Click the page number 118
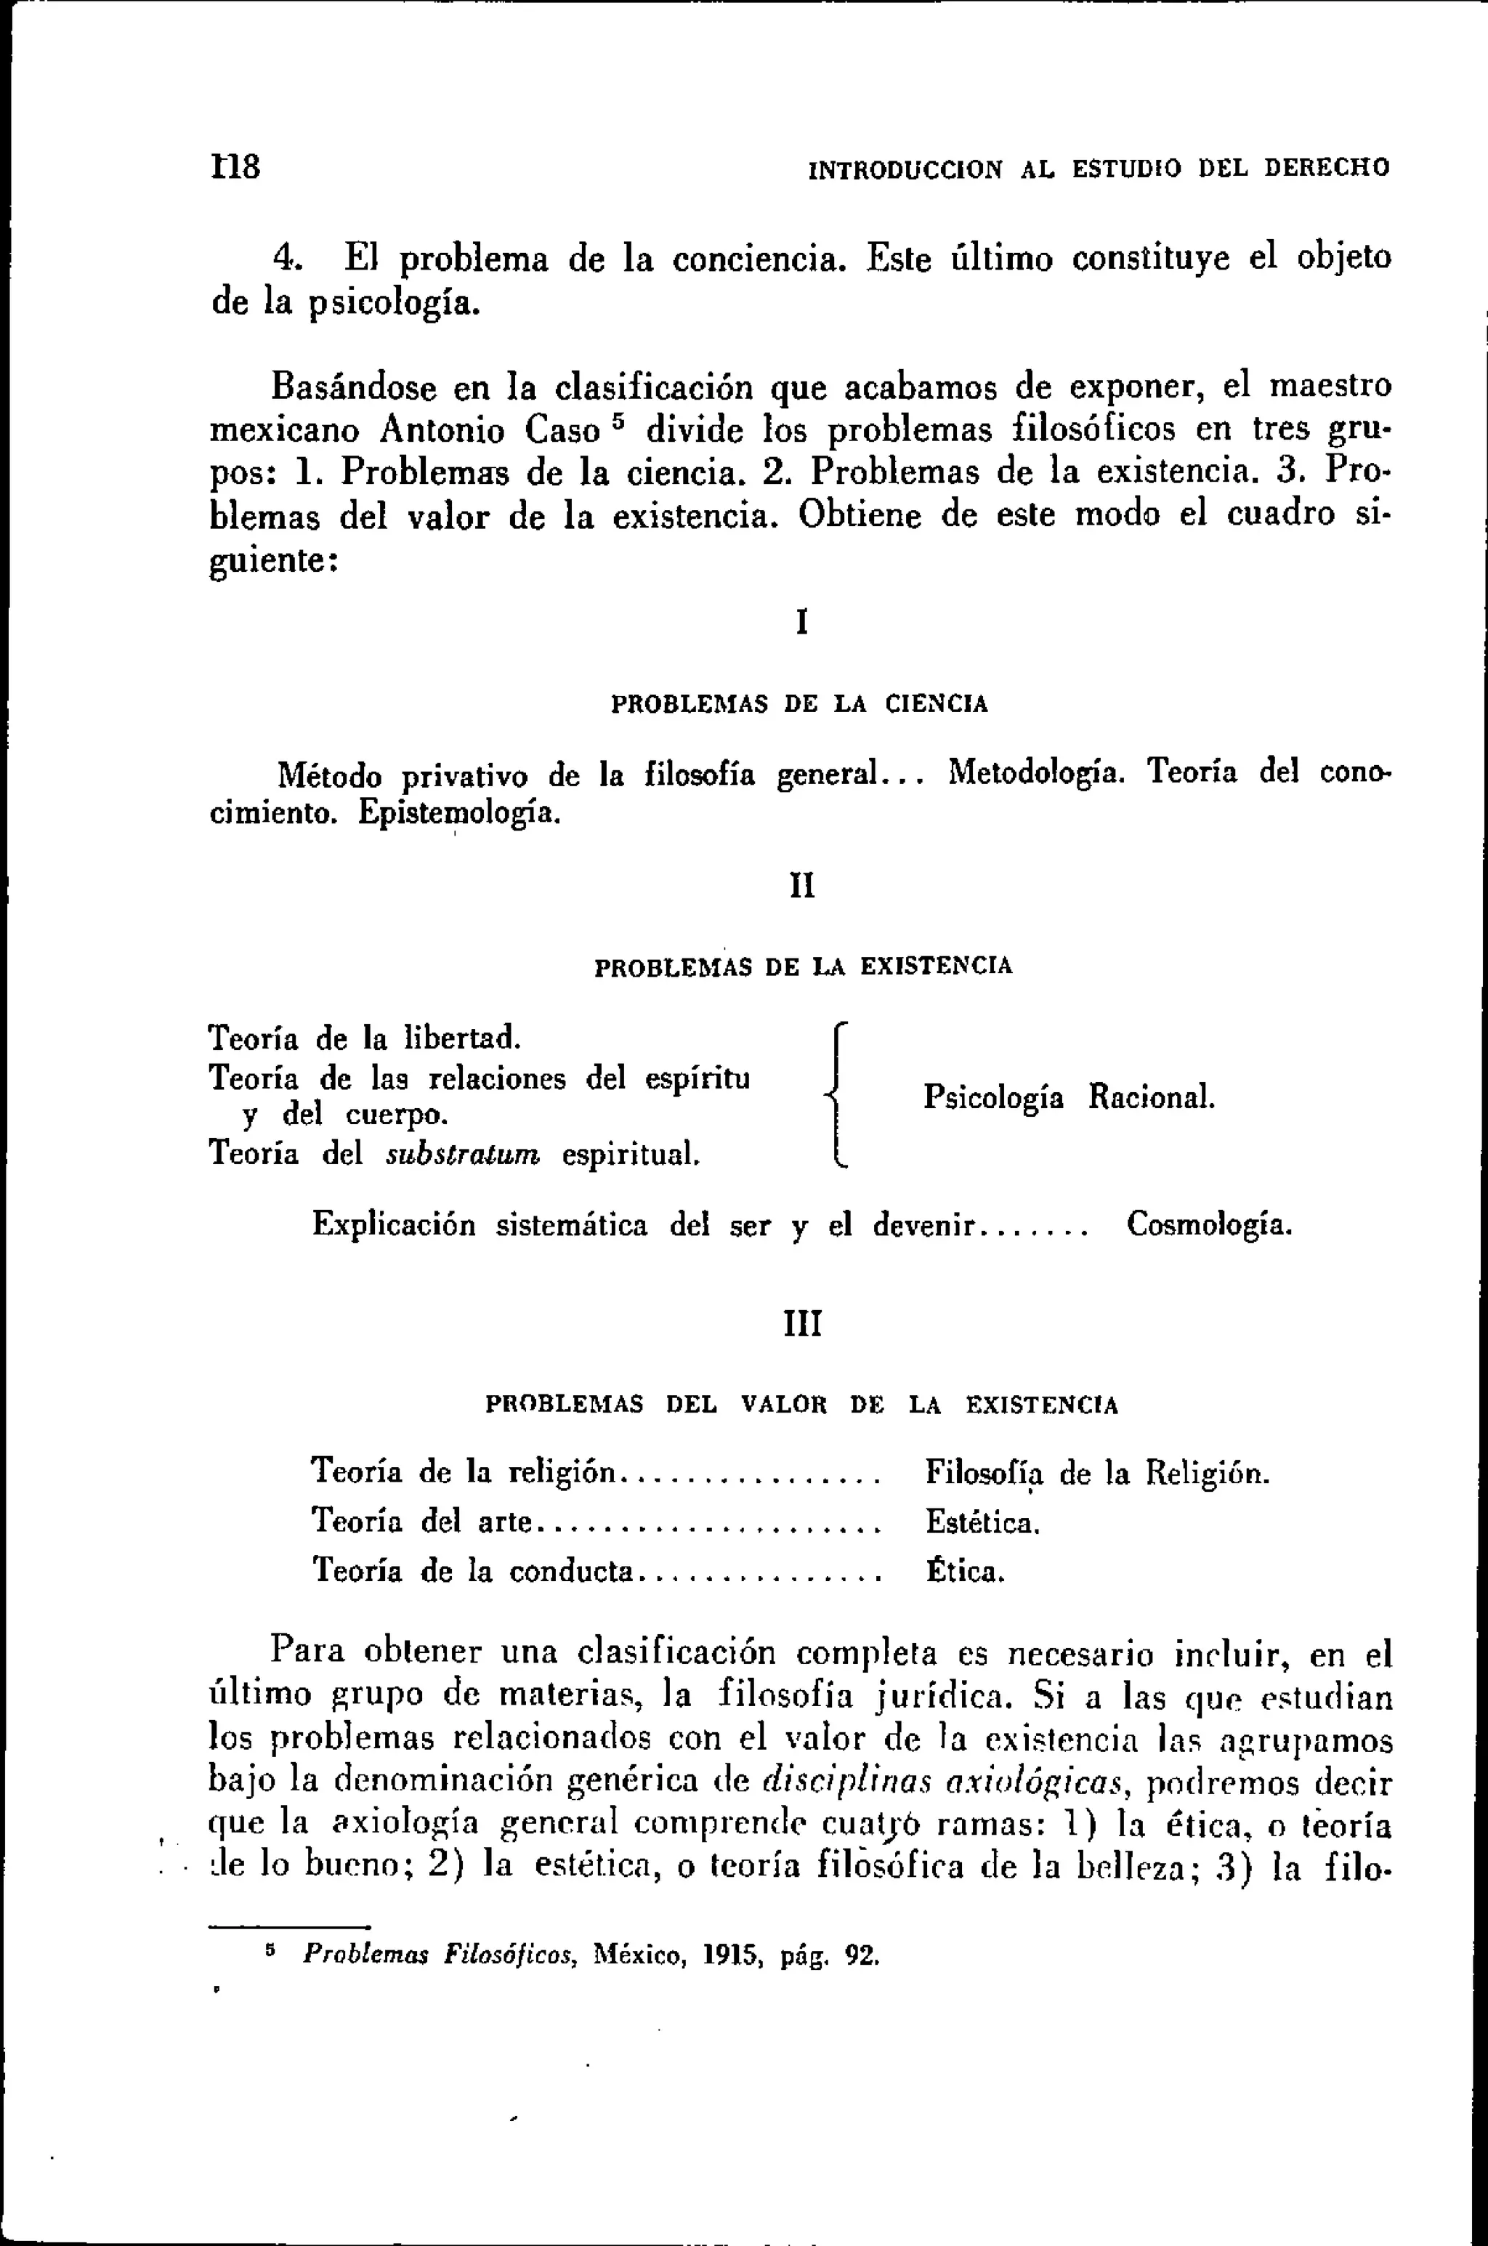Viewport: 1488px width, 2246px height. pos(235,167)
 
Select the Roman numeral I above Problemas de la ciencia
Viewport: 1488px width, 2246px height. pos(802,623)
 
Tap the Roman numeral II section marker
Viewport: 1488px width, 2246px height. pos(802,886)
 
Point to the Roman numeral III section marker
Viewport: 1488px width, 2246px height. pos(803,1322)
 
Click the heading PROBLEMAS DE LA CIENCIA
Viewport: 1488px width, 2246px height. pos(799,704)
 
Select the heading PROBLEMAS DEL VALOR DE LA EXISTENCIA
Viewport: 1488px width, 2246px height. pos(802,1405)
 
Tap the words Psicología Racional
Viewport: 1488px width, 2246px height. pos(1069,1097)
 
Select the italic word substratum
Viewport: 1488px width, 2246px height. pos(463,1154)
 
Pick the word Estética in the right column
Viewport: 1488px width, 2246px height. pos(982,1523)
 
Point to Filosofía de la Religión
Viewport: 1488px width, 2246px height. pos(1096,1473)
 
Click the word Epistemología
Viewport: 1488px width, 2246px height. pos(458,813)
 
